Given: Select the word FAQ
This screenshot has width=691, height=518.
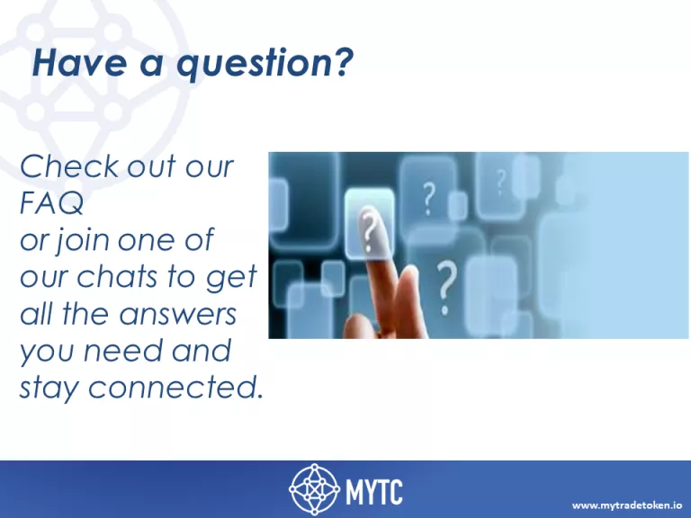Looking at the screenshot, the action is point(51,202).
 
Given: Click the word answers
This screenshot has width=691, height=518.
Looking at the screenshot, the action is point(177,315).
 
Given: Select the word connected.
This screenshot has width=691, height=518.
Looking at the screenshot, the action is point(175,387).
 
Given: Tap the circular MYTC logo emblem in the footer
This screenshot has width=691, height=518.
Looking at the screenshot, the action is point(314,489).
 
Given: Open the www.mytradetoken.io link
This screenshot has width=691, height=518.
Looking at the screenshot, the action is point(627,505).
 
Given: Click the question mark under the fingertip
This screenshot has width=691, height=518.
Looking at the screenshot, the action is point(369,230).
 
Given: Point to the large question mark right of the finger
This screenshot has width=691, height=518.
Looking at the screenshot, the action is point(445,288).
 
